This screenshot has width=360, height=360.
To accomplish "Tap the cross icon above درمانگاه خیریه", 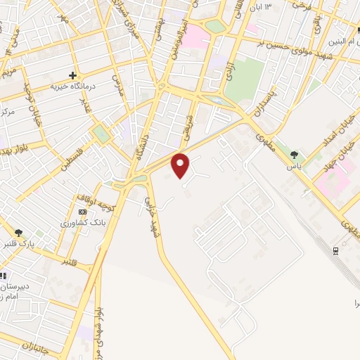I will tap(73, 75).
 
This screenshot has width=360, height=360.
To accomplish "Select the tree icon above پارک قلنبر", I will tap(19, 233).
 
